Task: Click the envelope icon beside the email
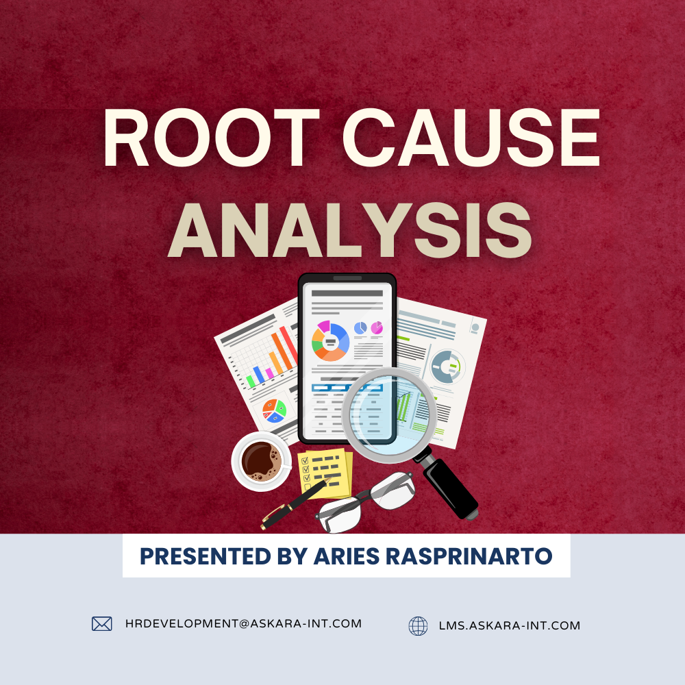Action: tap(102, 623)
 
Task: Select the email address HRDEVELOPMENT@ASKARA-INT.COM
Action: tap(243, 623)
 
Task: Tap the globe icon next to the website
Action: tap(418, 625)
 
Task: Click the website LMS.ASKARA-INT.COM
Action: tap(509, 625)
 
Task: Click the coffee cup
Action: tap(260, 460)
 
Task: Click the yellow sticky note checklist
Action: tap(325, 473)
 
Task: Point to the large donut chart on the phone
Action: tap(330, 340)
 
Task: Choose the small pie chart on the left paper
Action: tap(275, 409)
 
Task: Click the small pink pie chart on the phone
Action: tap(376, 328)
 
